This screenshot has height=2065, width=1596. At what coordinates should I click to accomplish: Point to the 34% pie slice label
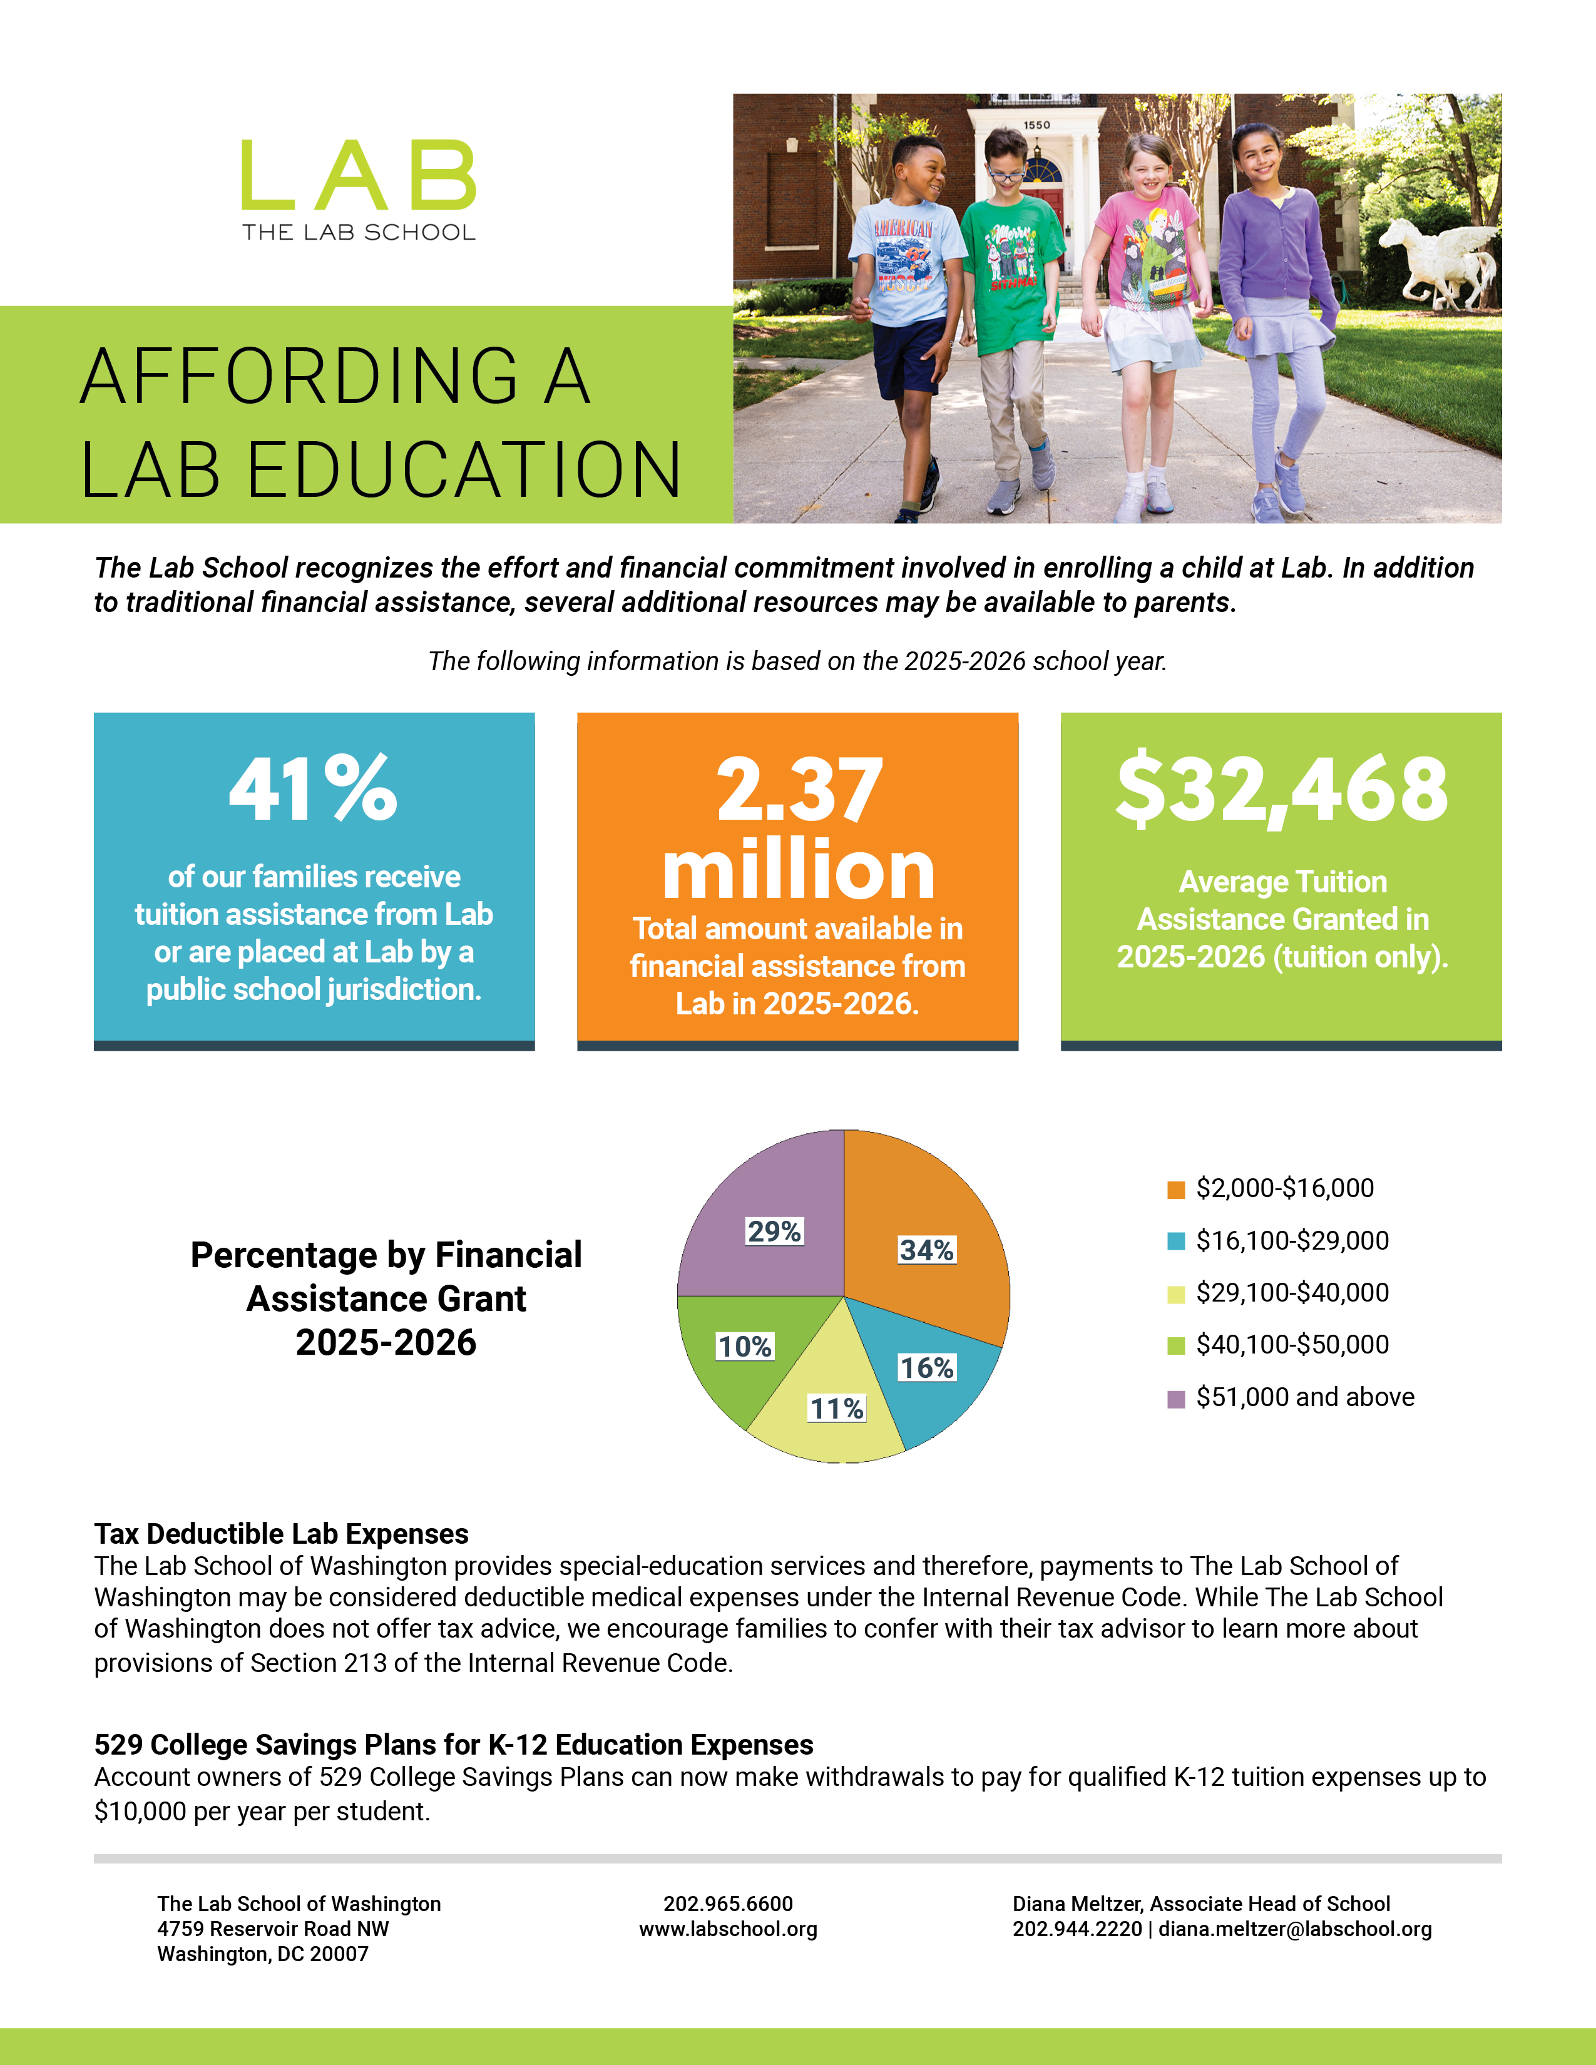(x=926, y=1250)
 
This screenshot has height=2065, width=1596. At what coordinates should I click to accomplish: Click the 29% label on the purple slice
(x=774, y=1231)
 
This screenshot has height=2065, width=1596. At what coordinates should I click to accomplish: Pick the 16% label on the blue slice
(x=926, y=1367)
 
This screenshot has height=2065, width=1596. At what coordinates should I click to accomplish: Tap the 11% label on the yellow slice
(x=836, y=1409)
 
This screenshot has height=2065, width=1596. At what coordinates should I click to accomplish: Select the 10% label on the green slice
(x=745, y=1347)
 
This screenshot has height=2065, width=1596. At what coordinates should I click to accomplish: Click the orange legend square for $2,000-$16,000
(x=1176, y=1190)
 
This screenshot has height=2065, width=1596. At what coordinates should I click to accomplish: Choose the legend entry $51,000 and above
(x=1305, y=1397)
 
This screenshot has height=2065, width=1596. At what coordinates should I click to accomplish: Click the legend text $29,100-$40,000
(x=1292, y=1293)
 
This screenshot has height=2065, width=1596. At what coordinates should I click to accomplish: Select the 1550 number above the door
(x=1036, y=125)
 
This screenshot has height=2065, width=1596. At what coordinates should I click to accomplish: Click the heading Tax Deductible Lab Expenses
(x=281, y=1534)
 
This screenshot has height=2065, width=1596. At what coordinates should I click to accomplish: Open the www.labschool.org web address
(x=728, y=1929)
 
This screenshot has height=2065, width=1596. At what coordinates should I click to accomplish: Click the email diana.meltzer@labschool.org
(x=1296, y=1929)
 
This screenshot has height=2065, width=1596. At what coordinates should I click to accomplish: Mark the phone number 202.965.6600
(x=728, y=1904)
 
